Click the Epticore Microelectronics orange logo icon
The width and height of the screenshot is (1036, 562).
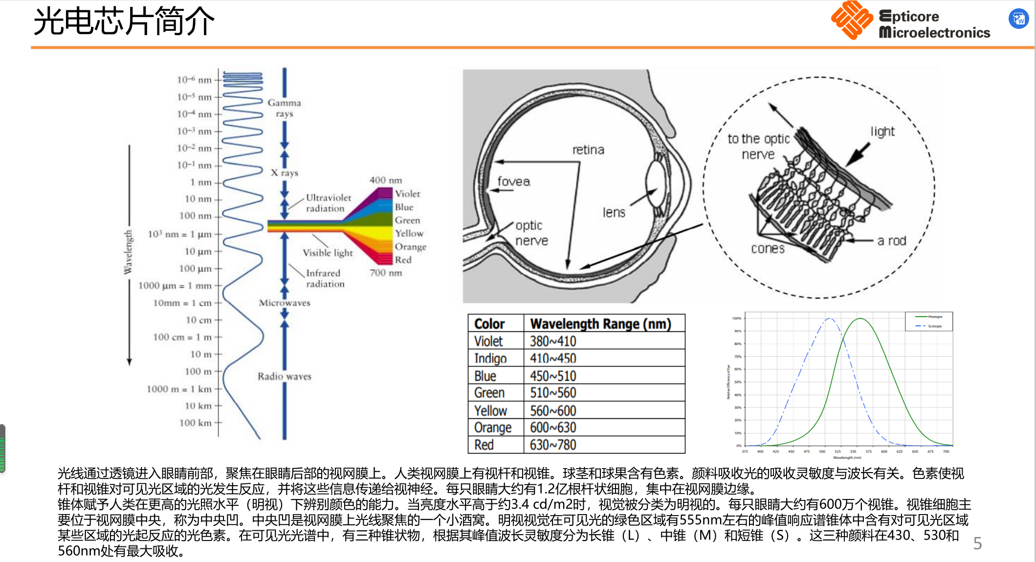pos(851,20)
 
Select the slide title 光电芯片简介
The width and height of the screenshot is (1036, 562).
pos(124,22)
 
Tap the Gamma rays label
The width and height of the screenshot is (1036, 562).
pos(284,108)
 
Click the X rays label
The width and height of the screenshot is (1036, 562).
pos(285,173)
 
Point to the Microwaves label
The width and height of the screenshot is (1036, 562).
pos(285,303)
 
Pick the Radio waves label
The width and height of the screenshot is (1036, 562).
pos(285,376)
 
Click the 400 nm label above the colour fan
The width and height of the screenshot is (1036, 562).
pos(385,180)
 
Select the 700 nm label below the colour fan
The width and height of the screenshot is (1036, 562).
pos(385,273)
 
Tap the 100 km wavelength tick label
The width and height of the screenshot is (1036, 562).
pos(195,423)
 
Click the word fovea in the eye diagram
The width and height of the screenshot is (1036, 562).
pos(513,182)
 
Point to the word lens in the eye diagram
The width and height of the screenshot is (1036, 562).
pos(614,213)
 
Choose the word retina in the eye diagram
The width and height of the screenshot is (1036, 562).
pos(588,150)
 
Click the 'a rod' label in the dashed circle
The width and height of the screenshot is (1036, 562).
pos(891,241)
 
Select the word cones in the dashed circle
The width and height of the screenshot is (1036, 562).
pos(768,249)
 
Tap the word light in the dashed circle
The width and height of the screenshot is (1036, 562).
pos(882,131)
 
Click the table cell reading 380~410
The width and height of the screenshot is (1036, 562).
pos(553,341)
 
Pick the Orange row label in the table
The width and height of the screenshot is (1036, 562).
pos(492,428)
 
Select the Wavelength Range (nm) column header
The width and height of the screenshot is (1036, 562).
pos(600,324)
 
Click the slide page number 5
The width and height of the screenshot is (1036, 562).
pos(977,543)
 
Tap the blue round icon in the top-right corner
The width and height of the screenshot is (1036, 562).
pos(1018,19)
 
